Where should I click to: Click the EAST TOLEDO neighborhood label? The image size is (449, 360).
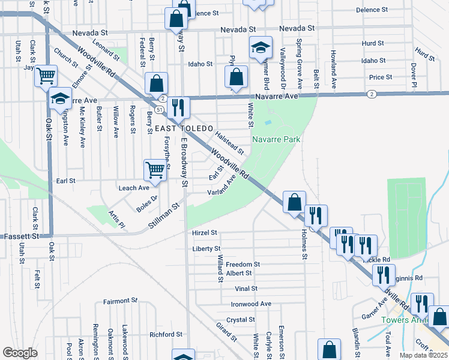click(x=184, y=129)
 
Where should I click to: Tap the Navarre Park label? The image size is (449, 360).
click(x=276, y=139)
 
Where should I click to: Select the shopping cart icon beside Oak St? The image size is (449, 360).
click(x=46, y=77)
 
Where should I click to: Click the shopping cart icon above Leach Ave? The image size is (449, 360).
click(x=155, y=170)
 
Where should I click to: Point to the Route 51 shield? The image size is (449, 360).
click(x=158, y=110)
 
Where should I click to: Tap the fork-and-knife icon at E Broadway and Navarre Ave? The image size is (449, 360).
click(x=178, y=107)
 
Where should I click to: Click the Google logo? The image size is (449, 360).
click(x=20, y=353)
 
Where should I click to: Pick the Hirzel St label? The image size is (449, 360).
click(x=204, y=232)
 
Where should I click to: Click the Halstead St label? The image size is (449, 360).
click(x=229, y=142)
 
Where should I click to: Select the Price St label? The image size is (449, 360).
click(x=381, y=77)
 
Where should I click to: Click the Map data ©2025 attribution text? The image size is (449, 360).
click(x=424, y=356)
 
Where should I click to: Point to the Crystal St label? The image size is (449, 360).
click(x=241, y=320)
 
